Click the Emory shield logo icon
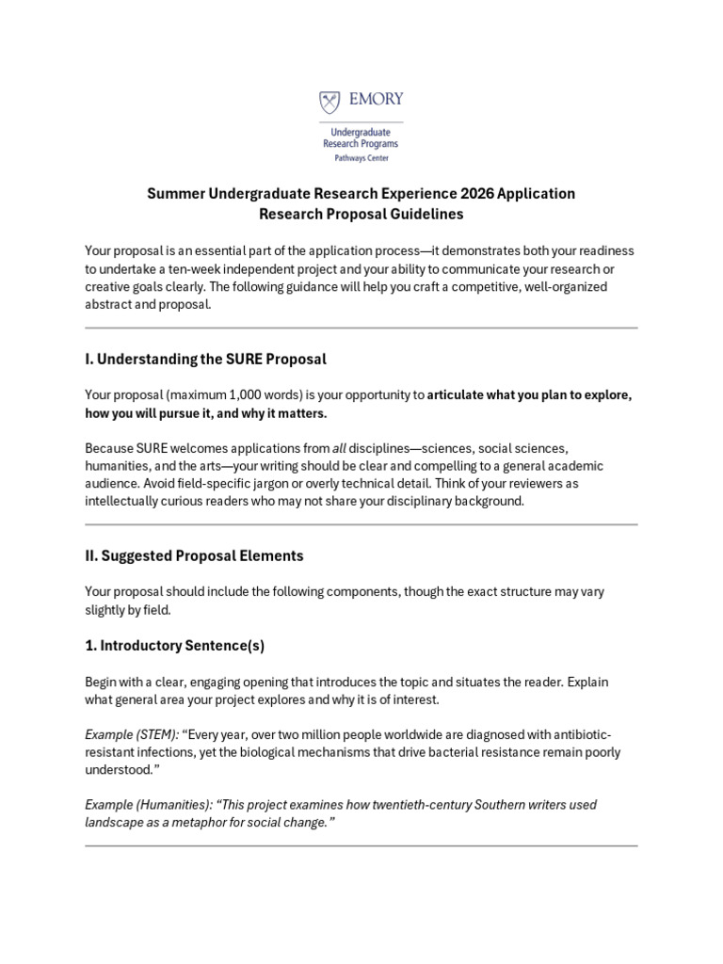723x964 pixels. coord(330,102)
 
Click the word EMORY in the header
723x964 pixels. coord(376,99)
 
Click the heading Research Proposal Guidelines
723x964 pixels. coord(361,215)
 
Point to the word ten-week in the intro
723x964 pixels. coord(185,268)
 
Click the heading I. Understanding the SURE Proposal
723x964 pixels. coord(205,359)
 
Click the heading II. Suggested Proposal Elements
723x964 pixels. coord(194,555)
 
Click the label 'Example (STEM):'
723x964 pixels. coord(131,734)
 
